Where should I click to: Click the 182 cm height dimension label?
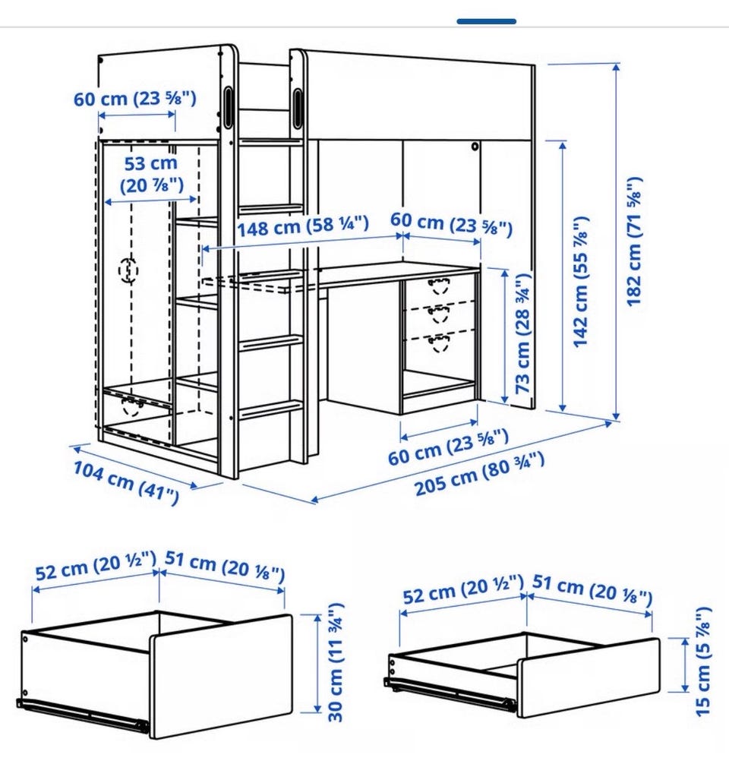pyautogui.click(x=633, y=242)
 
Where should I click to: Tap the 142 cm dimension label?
pyautogui.click(x=581, y=283)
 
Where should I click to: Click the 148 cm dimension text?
pyautogui.click(x=302, y=226)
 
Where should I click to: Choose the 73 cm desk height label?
pyautogui.click(x=522, y=333)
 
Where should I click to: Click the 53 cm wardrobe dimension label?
pyautogui.click(x=151, y=174)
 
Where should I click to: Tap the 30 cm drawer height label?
pyautogui.click(x=336, y=662)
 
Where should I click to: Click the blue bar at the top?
pyautogui.click(x=486, y=21)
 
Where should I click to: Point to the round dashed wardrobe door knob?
pyautogui.click(x=128, y=270)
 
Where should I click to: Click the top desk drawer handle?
pyautogui.click(x=438, y=286)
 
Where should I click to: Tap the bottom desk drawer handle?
pyautogui.click(x=439, y=343)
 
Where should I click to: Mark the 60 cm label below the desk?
pyautogui.click(x=448, y=447)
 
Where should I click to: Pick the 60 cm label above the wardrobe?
pyautogui.click(x=135, y=99)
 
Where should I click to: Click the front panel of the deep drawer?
pyautogui.click(x=221, y=676)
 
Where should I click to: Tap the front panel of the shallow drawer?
pyautogui.click(x=589, y=677)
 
